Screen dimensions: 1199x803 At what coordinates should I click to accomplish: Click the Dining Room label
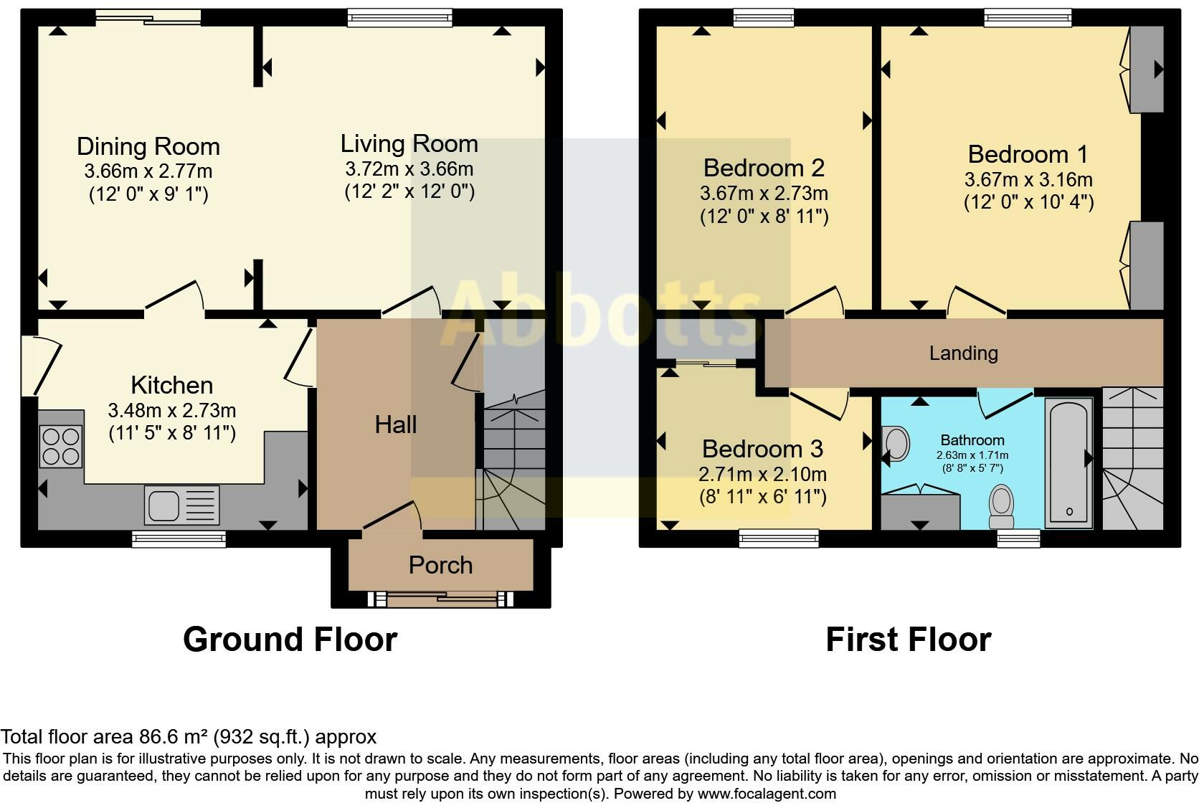point(148,147)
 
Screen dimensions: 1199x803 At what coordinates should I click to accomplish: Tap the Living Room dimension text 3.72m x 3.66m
point(409,169)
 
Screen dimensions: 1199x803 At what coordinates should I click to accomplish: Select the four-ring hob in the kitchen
point(61,447)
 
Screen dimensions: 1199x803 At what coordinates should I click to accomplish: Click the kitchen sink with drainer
point(182,505)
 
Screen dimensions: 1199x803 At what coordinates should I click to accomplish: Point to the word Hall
point(396,425)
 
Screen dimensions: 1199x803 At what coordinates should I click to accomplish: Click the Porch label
point(440,565)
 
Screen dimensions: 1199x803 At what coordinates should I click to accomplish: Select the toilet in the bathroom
point(1002,506)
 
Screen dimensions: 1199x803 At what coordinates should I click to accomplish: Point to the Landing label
point(964,353)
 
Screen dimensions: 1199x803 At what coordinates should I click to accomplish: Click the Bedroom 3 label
point(763,449)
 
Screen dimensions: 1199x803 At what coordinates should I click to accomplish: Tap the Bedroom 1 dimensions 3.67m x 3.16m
point(1029,180)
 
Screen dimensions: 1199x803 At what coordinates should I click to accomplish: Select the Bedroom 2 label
point(764,168)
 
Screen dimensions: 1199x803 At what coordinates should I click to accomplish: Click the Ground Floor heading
point(290,640)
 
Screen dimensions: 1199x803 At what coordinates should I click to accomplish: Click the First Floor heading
point(909,640)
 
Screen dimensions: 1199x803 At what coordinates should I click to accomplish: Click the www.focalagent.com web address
point(767,794)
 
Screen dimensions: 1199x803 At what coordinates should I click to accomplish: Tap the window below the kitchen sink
point(179,539)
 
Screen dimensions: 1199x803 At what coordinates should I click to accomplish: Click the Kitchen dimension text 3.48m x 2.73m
point(172,411)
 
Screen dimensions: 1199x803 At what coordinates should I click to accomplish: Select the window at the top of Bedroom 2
point(763,18)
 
